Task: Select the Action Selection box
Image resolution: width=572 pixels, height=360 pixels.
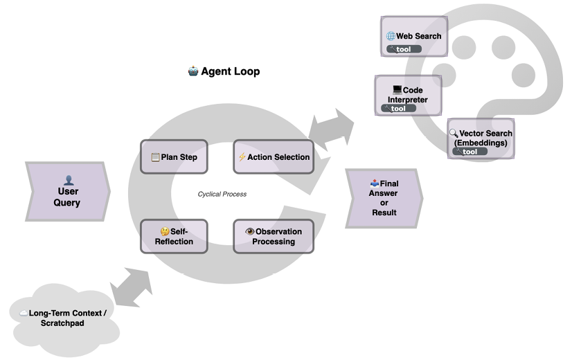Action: (x=273, y=157)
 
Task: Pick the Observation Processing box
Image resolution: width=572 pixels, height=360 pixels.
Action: (x=273, y=236)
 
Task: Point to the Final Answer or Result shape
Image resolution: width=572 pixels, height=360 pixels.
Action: (x=384, y=198)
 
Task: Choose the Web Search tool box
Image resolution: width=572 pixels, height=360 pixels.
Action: (x=413, y=37)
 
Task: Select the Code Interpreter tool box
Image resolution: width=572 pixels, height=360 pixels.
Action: (x=408, y=95)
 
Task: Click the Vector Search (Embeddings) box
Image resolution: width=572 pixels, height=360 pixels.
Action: (x=479, y=138)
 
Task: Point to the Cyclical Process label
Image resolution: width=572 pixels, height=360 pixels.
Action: (x=222, y=195)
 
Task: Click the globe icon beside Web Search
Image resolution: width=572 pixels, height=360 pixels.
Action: (x=391, y=36)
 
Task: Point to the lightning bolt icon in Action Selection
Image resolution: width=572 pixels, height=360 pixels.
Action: (x=242, y=157)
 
